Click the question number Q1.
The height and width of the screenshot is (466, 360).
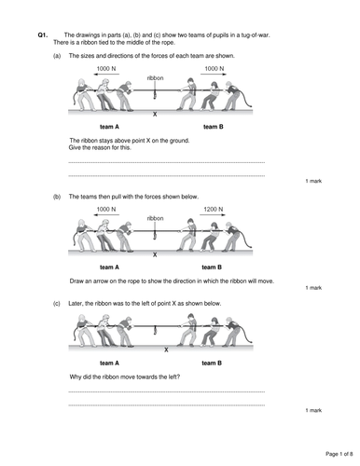point(43,35)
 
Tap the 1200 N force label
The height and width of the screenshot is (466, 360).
point(214,210)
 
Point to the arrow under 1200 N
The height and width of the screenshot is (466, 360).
point(213,214)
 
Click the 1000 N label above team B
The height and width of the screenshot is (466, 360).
point(215,69)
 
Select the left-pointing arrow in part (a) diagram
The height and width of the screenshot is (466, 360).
point(106,75)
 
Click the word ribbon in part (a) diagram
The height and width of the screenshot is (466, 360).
point(155,78)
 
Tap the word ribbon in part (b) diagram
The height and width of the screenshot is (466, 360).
point(155,218)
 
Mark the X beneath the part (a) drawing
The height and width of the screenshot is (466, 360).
point(155,115)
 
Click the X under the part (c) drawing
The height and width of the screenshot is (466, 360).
point(166,349)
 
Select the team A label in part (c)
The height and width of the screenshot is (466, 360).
point(109,363)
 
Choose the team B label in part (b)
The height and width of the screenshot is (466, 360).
point(212,267)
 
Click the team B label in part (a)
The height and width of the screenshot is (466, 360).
point(214,127)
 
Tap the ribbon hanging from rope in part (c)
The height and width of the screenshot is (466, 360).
point(155,330)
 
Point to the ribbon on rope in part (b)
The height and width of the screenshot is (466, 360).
point(155,235)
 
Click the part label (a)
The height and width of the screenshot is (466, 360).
point(57,56)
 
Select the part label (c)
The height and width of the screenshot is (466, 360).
point(57,304)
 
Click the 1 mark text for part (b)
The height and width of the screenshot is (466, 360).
point(313,288)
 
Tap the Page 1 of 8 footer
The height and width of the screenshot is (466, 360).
point(339,454)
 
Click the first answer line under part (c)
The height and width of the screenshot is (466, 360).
point(167,391)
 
